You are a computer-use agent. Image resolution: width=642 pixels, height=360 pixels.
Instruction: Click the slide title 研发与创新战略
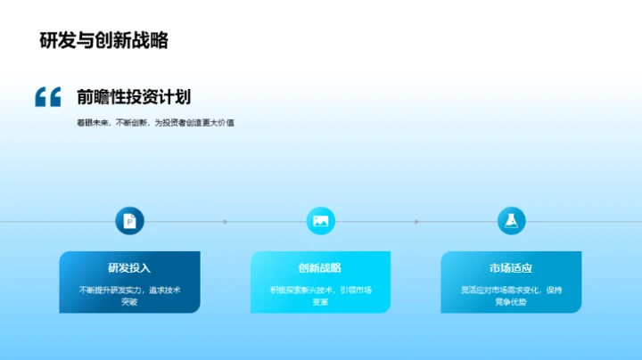pyautogui.click(x=104, y=41)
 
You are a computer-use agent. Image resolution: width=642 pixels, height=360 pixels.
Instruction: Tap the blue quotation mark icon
pyautogui.click(x=48, y=97)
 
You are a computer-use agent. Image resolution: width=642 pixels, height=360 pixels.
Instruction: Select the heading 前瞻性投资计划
pyautogui.click(x=134, y=97)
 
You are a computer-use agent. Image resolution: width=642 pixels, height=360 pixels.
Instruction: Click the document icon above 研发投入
pyautogui.click(x=129, y=221)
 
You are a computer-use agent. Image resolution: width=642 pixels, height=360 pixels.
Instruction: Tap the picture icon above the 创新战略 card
pyautogui.click(x=320, y=221)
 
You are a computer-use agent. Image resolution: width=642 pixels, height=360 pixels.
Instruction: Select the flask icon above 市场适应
pyautogui.click(x=511, y=221)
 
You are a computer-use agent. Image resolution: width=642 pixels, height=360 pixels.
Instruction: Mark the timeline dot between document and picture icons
pyautogui.click(x=225, y=221)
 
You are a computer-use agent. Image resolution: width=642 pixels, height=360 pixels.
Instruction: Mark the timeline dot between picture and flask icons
pyautogui.click(x=416, y=221)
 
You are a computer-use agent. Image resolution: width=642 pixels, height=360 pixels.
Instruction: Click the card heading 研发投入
pyautogui.click(x=129, y=267)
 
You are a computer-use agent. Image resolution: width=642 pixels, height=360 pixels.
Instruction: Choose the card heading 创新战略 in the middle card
pyautogui.click(x=320, y=267)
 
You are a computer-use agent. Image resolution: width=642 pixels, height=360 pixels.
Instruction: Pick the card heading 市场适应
pyautogui.click(x=511, y=267)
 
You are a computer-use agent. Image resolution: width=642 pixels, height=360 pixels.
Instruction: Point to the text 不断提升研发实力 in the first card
pyautogui.click(x=110, y=290)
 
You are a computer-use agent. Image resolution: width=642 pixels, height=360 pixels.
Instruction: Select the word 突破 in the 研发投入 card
pyautogui.click(x=129, y=302)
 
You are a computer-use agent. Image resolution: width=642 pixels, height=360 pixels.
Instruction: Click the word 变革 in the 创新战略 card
pyautogui.click(x=320, y=302)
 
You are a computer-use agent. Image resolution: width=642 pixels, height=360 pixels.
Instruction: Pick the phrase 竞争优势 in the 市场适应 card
pyautogui.click(x=511, y=302)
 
